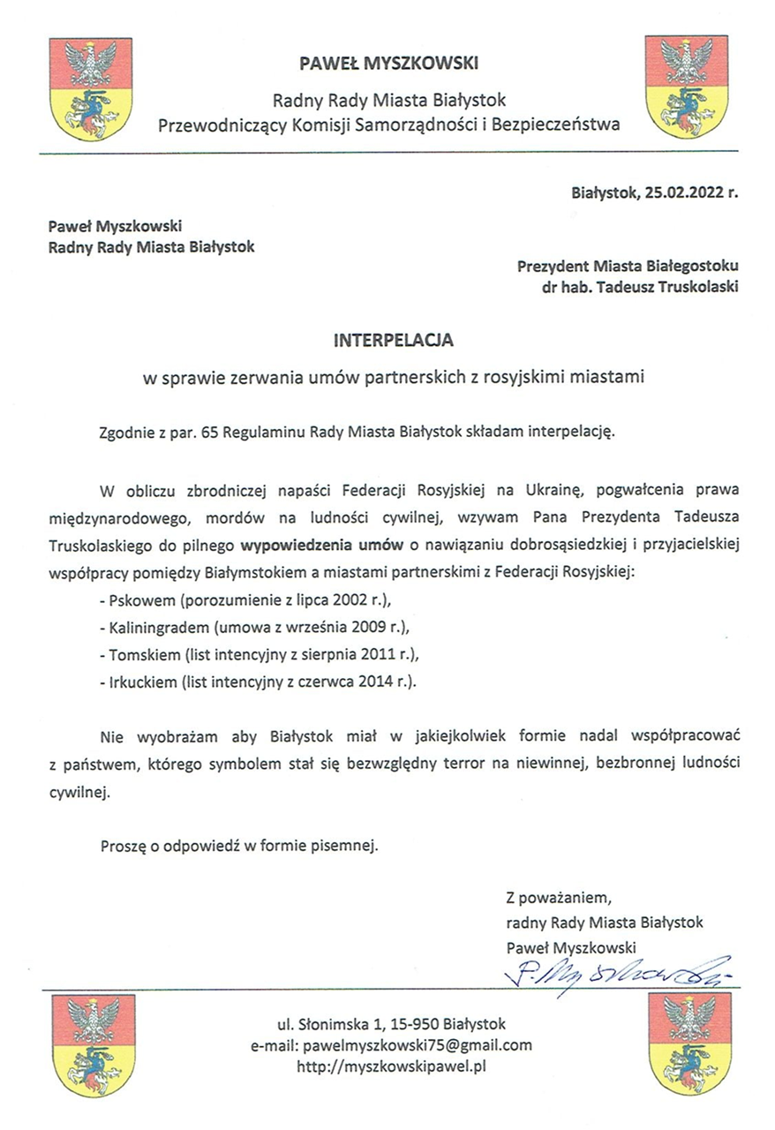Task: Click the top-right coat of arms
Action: (x=686, y=86)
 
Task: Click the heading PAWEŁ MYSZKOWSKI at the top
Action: (x=388, y=63)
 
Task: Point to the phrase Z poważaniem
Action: (x=559, y=900)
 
